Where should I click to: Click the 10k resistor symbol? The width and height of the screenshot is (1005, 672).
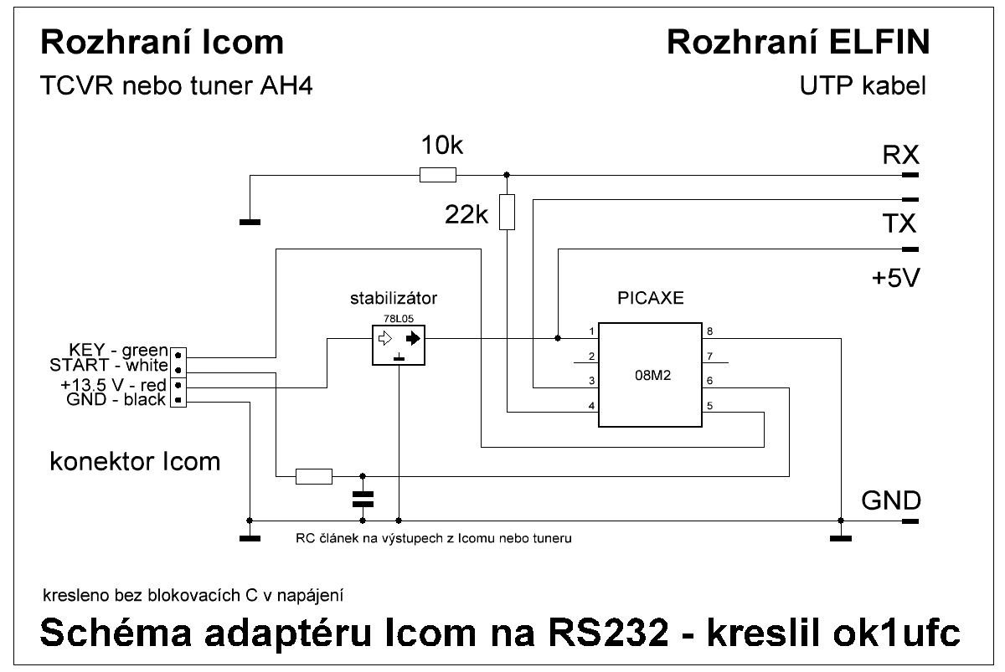coord(437,175)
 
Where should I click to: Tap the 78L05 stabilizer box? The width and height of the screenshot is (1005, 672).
coord(398,344)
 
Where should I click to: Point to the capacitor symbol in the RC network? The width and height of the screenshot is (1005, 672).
coord(362,499)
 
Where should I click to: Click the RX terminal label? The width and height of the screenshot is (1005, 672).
coord(900,156)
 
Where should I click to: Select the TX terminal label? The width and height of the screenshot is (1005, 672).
coord(900,224)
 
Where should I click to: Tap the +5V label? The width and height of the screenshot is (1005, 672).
coord(895,278)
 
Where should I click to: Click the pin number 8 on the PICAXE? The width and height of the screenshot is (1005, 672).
coord(709,331)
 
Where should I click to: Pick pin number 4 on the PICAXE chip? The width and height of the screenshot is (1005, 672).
coord(592,406)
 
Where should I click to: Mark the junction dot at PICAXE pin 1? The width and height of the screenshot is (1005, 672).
coord(558,339)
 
